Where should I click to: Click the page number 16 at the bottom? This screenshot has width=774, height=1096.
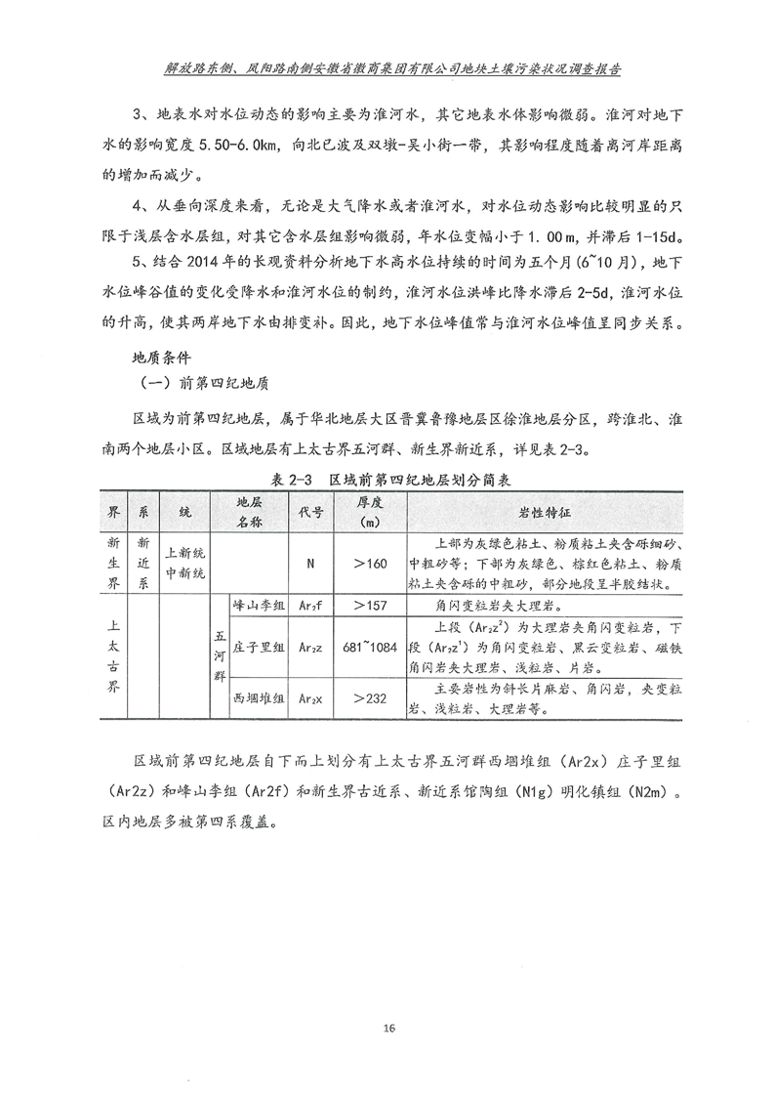click(389, 1028)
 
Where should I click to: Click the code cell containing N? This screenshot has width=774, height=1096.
click(310, 563)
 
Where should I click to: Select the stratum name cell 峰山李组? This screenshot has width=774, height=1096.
click(260, 606)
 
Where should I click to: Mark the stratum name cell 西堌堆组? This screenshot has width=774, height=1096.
click(260, 698)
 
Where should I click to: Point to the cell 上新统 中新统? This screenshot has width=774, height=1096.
click(185, 563)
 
